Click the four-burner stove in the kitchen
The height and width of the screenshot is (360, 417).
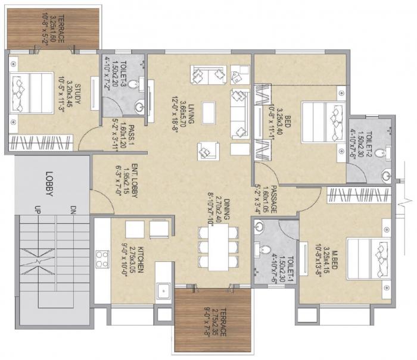tap(102, 259)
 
